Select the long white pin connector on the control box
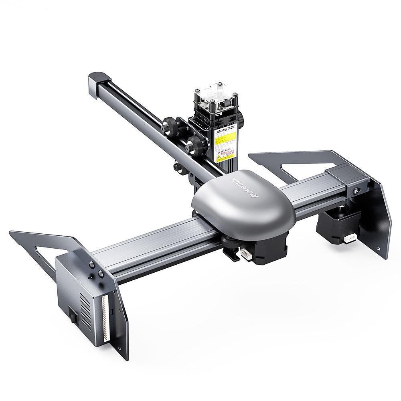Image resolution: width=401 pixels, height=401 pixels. [106, 317]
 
